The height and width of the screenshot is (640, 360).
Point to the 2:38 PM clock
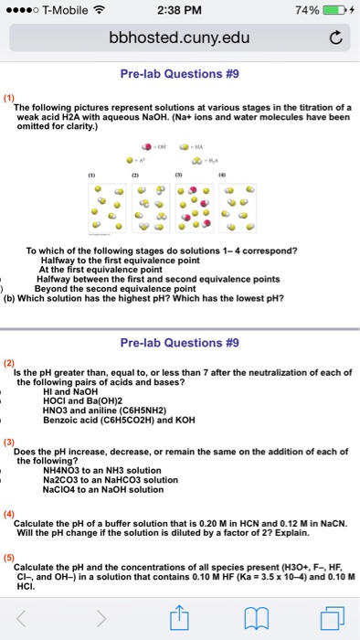pyautogui.click(x=179, y=10)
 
